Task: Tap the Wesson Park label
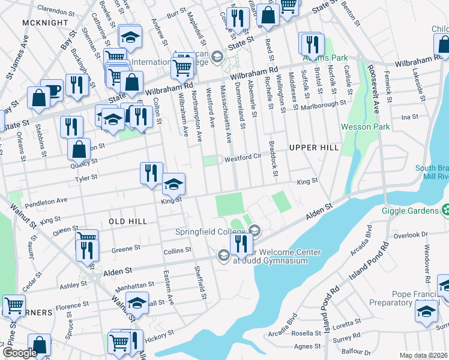[365, 127]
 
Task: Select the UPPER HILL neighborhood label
[313, 147]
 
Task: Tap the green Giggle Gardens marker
[445, 211]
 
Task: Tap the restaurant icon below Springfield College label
[240, 244]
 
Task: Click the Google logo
[20, 353]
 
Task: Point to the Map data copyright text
[423, 355]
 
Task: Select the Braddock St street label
[273, 160]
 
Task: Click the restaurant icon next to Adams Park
[312, 44]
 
